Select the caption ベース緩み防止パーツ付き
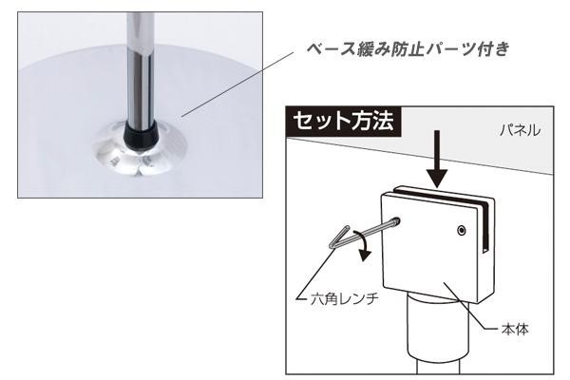[x=408, y=49]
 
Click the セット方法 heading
[x=344, y=121]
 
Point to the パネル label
[x=520, y=130]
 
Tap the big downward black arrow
[x=437, y=159]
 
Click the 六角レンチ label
[x=344, y=299]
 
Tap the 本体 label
[x=515, y=329]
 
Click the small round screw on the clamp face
[x=462, y=230]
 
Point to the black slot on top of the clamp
[x=446, y=199]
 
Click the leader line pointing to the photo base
[x=237, y=85]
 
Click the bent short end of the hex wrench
[x=339, y=237]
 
